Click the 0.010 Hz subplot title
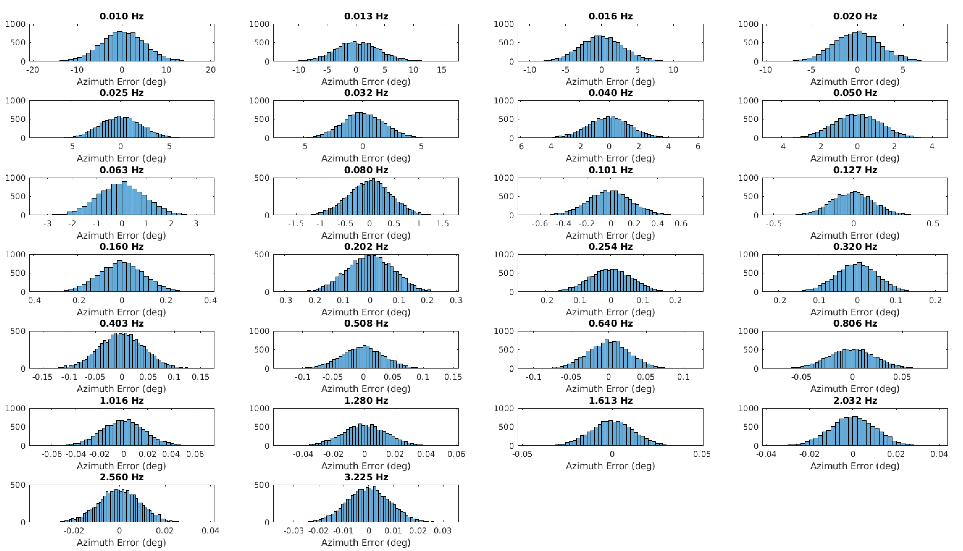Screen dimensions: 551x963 [121, 16]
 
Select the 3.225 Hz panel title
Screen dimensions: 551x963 [366, 477]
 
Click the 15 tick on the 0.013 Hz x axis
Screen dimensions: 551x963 [442, 70]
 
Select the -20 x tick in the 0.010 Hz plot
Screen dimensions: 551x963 [33, 70]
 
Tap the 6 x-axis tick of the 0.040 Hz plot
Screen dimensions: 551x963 [698, 146]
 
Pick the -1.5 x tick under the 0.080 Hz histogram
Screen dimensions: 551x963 [295, 224]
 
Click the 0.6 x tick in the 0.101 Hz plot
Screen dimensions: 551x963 [681, 224]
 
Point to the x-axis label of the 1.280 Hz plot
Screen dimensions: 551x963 [366, 466]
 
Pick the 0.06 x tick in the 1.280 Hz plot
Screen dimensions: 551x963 [456, 454]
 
